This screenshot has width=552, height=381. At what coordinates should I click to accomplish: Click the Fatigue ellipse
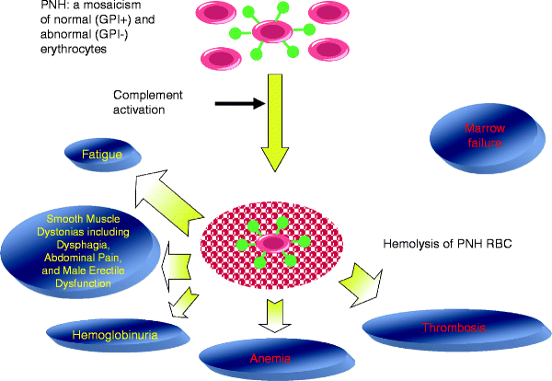(x=102, y=157)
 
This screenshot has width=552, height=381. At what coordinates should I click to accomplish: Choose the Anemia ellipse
(x=272, y=356)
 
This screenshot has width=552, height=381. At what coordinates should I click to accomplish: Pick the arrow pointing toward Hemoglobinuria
(x=186, y=300)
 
